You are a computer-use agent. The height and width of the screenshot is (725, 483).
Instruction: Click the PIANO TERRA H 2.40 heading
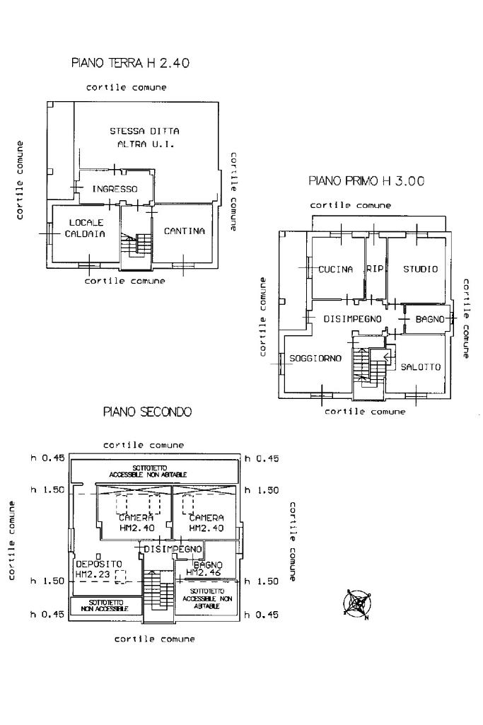[130, 64]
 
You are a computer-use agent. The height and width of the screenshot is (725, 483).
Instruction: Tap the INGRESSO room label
[115, 189]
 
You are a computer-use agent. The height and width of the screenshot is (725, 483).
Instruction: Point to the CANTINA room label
[184, 231]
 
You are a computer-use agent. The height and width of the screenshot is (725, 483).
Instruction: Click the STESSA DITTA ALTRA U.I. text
[145, 137]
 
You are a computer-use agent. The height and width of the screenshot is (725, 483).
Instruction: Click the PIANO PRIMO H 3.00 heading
[366, 181]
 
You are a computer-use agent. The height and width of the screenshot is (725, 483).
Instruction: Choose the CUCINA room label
[335, 269]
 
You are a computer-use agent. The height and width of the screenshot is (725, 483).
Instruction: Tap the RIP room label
[374, 269]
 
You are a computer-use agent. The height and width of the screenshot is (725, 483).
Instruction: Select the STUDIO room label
[420, 269]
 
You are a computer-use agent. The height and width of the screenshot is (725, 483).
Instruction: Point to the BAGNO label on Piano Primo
[430, 320]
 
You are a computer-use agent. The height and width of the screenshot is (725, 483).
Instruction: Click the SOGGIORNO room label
[315, 359]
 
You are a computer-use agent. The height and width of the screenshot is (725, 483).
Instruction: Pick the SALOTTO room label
[420, 367]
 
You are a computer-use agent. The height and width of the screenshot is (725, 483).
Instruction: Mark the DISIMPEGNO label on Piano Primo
[352, 320]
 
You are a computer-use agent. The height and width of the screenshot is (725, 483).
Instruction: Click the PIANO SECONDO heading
[147, 412]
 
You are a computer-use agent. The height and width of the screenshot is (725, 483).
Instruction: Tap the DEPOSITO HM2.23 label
[93, 569]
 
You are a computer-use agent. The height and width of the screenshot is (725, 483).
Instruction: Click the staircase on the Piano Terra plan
[144, 244]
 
